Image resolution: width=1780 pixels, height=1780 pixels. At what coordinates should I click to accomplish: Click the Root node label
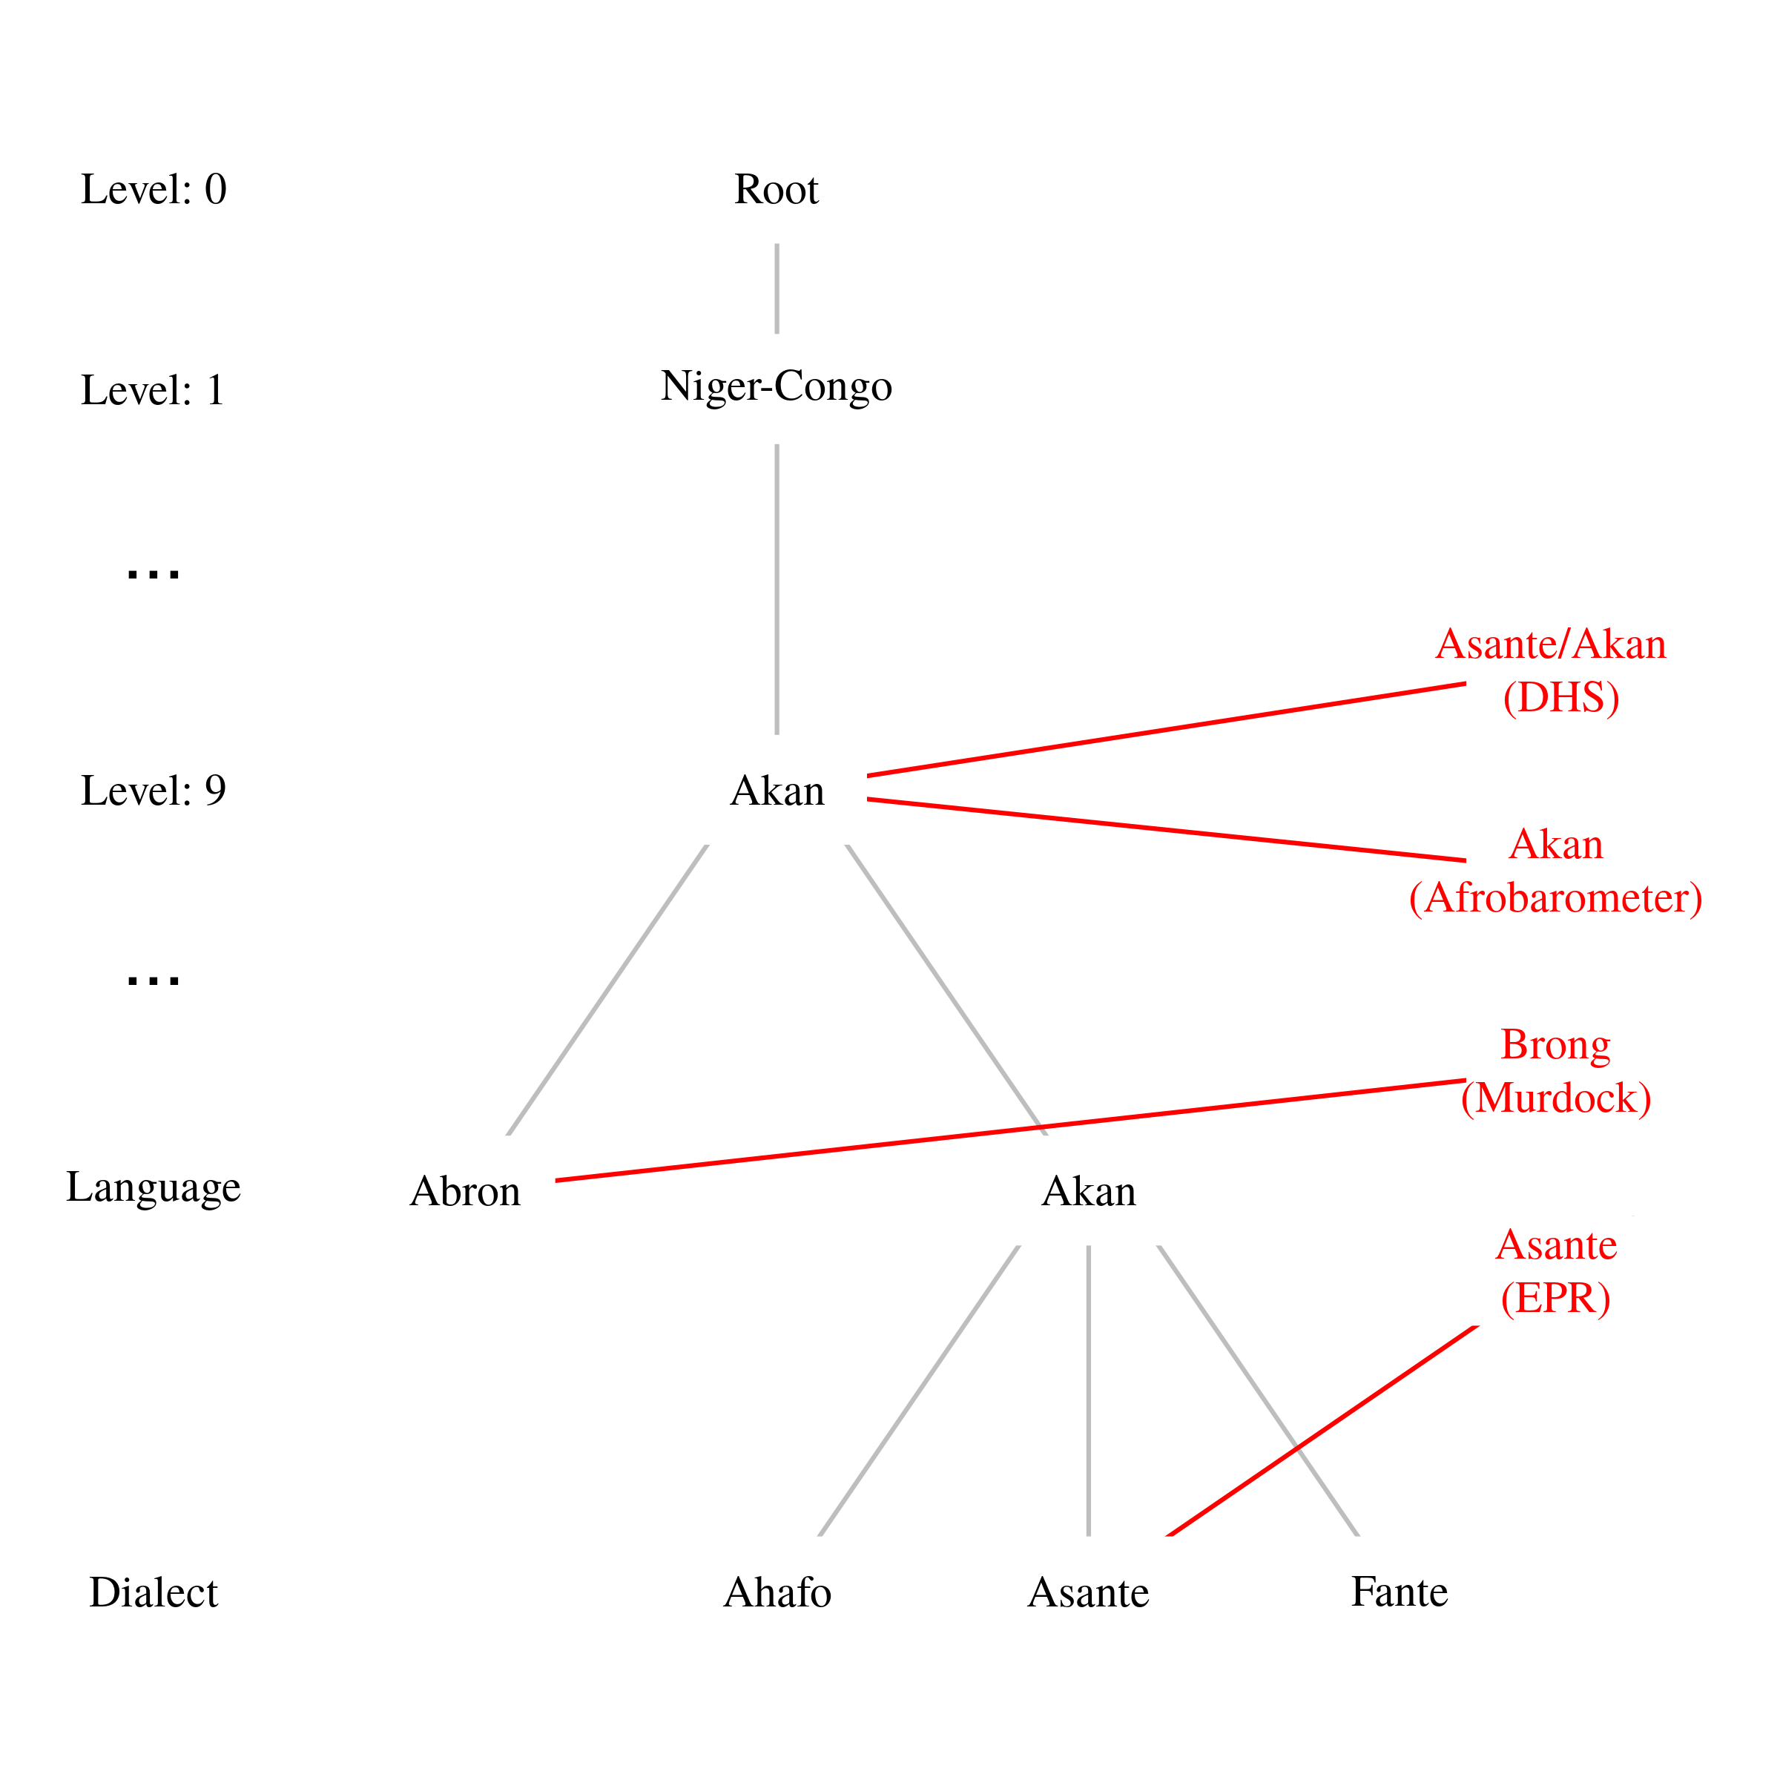pos(776,190)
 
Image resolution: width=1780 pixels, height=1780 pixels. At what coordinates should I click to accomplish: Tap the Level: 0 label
pos(153,190)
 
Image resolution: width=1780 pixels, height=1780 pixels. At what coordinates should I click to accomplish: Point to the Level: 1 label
pos(153,389)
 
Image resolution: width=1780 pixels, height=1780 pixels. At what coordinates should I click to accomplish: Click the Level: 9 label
pos(153,791)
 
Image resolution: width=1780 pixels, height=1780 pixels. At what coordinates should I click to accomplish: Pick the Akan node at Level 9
pos(777,791)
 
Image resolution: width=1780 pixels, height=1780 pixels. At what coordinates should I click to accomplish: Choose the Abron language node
pos(465,1191)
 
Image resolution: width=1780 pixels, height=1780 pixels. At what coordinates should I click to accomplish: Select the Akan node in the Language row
pos(1088,1191)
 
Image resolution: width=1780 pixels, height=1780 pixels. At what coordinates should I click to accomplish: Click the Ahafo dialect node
pos(777,1592)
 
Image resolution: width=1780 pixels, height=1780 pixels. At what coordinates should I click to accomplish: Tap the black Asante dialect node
pos(1088,1592)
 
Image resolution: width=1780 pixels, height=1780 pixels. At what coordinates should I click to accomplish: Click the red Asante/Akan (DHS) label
pos(1551,670)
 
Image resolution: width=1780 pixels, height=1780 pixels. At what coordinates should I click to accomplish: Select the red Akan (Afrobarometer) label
pos(1555,871)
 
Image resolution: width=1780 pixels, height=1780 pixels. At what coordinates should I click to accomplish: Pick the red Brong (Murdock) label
pos(1555,1070)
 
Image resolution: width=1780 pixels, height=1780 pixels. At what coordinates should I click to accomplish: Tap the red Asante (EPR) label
pos(1555,1271)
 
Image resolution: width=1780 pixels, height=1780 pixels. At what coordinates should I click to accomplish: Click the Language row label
pos(153,1187)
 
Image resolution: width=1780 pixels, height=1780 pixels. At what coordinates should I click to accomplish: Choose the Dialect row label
pos(153,1592)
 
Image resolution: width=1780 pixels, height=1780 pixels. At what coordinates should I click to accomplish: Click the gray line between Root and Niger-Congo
pos(777,289)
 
